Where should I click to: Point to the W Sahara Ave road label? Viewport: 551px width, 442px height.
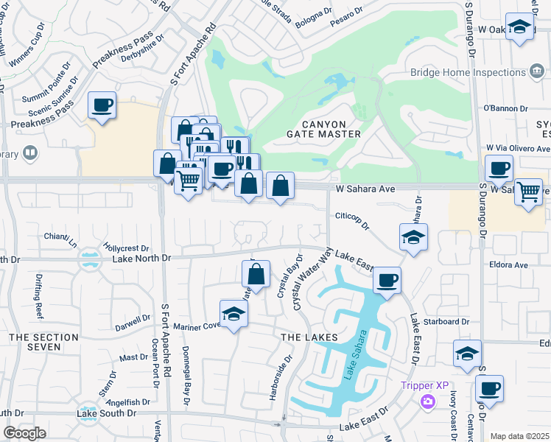point(367,189)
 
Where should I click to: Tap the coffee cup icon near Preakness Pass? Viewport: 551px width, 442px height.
point(102,105)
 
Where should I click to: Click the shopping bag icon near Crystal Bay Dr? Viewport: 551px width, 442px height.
point(255,274)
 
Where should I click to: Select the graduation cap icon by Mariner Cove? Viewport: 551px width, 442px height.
point(234,314)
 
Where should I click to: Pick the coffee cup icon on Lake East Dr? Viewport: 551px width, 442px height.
point(387,281)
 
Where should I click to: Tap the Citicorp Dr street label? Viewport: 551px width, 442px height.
point(351,217)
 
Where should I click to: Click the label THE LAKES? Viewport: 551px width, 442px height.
point(309,337)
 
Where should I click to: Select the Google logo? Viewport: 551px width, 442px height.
point(24,433)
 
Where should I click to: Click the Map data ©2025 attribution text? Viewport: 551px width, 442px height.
point(519,436)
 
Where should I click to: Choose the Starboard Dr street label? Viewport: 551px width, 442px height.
point(445,322)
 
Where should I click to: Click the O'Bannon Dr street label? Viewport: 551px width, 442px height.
point(505,108)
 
